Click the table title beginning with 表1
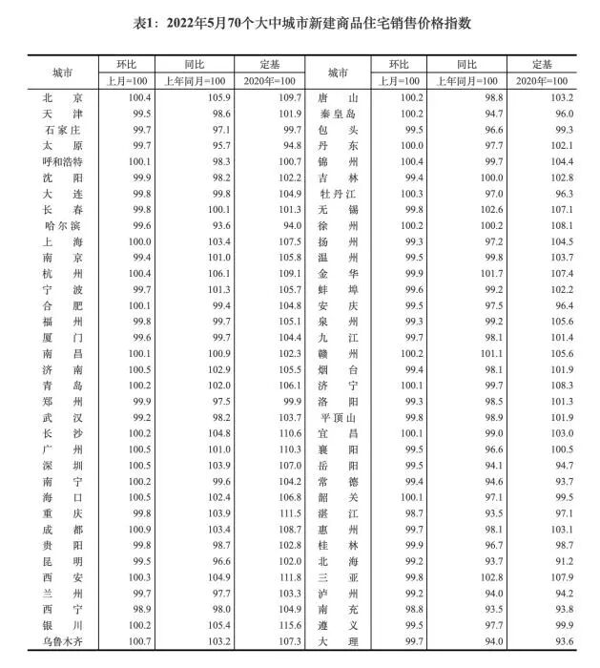(x=300, y=23)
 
